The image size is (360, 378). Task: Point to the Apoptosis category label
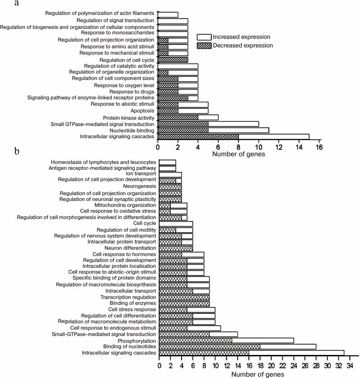click(140, 110)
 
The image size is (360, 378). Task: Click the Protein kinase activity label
click(128, 117)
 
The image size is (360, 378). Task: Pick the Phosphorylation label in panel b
click(137, 340)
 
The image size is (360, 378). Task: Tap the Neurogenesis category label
click(140, 186)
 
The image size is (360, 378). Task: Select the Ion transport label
click(141, 173)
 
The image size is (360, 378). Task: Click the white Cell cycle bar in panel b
click(176, 224)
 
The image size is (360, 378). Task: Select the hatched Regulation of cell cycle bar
click(173, 60)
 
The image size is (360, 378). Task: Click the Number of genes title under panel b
click(258, 374)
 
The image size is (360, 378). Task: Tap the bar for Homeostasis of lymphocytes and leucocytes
click(167, 162)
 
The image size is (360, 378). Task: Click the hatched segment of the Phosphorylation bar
click(195, 340)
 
